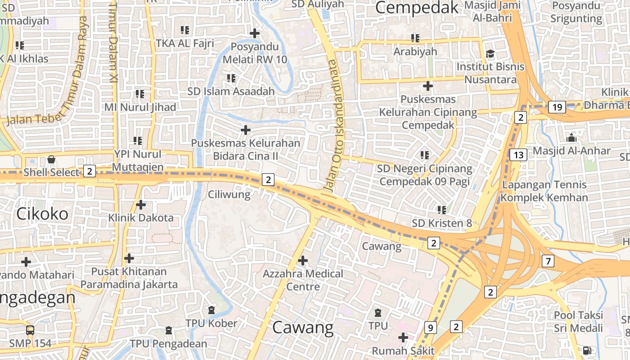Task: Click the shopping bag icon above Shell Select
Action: tap(51, 160)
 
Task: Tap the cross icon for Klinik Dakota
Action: tap(141, 205)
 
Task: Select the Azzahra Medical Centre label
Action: tap(303, 280)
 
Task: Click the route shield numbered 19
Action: tap(557, 107)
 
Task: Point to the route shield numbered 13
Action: tap(518, 155)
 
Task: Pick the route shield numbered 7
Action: tap(548, 261)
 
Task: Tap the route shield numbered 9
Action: tap(430, 328)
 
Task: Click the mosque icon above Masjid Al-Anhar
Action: tap(571, 138)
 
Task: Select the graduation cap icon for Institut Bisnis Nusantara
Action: tap(490, 54)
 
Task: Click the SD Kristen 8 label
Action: tap(442, 223)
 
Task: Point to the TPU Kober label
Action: tap(211, 323)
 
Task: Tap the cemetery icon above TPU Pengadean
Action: tap(169, 331)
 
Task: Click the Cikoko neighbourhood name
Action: tap(42, 214)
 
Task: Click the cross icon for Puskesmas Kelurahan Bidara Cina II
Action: tap(246, 130)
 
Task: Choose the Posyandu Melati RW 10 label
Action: tap(255, 53)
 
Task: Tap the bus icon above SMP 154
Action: tap(30, 330)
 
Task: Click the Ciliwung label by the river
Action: tap(229, 194)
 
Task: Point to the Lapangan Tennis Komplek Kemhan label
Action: tap(544, 191)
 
